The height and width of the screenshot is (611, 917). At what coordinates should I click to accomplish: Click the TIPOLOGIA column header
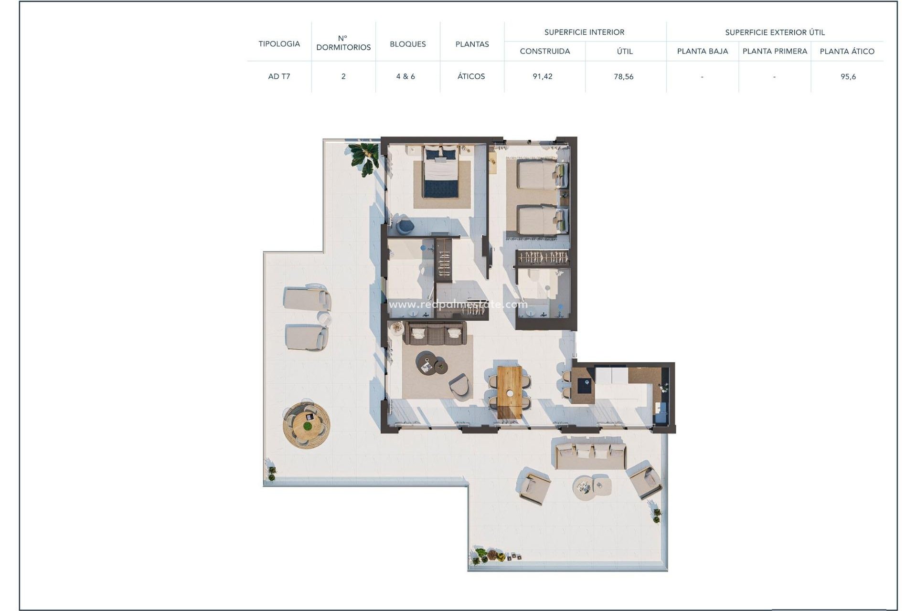tap(279, 44)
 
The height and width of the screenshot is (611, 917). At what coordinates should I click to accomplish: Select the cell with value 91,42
tap(543, 76)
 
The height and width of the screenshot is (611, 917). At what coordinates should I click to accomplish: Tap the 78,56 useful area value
tap(624, 76)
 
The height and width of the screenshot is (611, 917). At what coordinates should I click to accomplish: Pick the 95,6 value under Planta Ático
tap(848, 76)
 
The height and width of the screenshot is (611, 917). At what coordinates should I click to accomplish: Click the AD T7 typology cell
tap(279, 76)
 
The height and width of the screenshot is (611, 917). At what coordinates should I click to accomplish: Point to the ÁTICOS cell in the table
tap(471, 76)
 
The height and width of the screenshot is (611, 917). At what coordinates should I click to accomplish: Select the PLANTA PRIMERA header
tap(775, 51)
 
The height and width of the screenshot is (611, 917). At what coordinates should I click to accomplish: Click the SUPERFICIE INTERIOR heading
tap(584, 32)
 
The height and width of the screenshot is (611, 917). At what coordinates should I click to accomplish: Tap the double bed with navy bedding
tap(441, 172)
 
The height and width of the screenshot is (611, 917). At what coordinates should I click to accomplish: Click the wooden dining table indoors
tap(510, 391)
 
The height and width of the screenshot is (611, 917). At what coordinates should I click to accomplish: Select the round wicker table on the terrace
tap(306, 424)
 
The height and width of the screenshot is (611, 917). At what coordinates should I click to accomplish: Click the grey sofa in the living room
tap(435, 333)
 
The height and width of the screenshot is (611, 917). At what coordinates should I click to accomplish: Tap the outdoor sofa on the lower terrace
tap(591, 455)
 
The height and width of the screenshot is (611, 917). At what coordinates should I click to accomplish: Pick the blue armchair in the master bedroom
tap(405, 225)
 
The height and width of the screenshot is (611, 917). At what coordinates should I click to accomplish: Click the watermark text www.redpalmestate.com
tap(458, 305)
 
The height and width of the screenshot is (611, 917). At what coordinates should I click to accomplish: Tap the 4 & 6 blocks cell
tap(405, 76)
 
